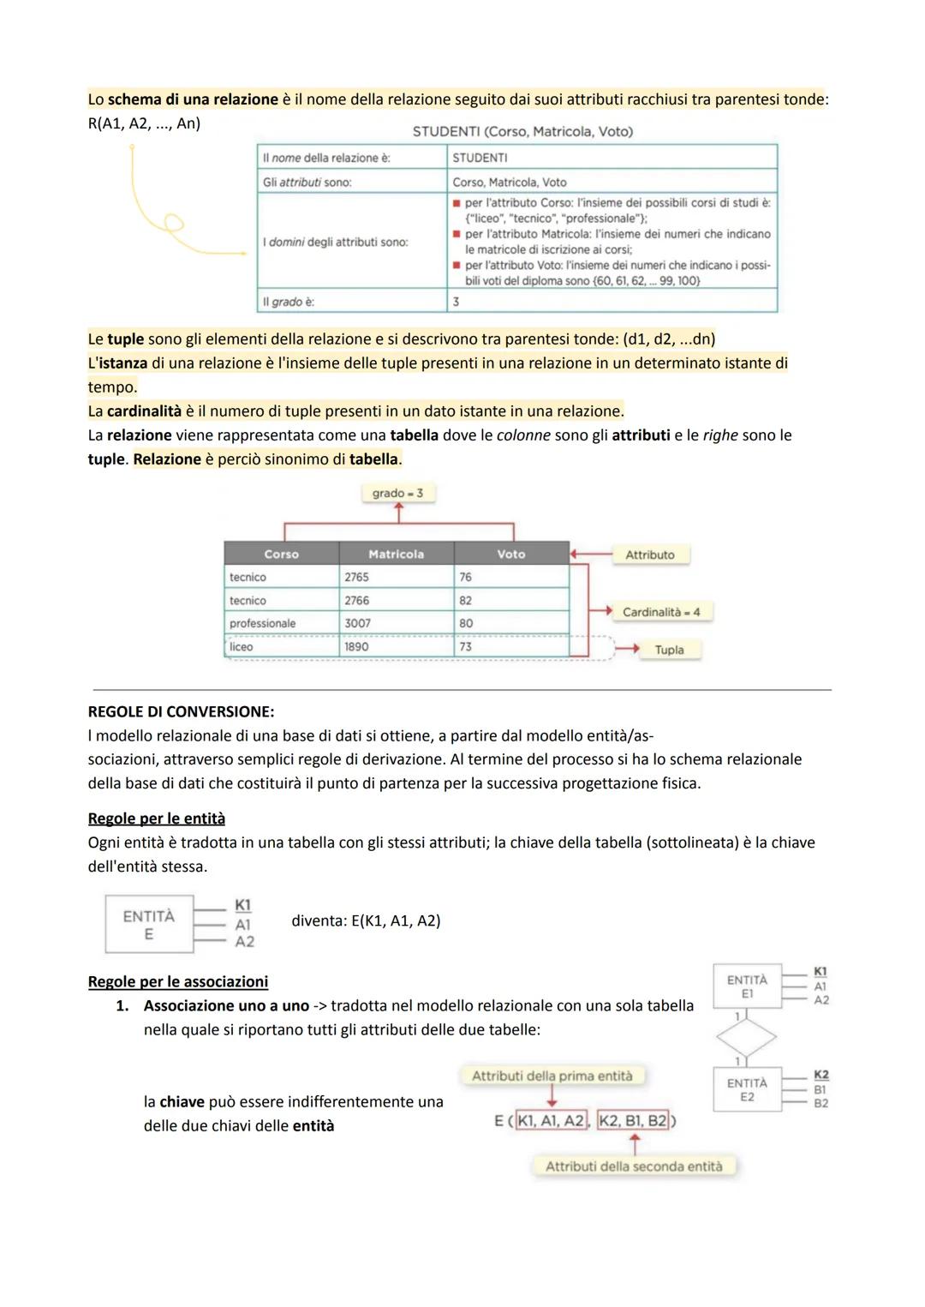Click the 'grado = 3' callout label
point(397,494)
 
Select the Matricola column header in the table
point(396,555)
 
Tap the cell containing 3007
point(358,623)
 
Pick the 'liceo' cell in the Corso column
point(242,647)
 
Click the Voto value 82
point(466,601)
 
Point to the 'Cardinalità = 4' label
point(661,612)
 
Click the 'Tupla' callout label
point(669,650)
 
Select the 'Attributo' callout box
point(650,555)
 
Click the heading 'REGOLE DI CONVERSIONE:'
point(181,712)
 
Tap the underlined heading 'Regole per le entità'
point(157,818)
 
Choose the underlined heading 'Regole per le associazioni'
point(178,982)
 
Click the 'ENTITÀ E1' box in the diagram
point(747,986)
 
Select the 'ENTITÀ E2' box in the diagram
point(747,1089)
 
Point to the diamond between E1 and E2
point(746,1038)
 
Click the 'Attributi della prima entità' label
point(552,1076)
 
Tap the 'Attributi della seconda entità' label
point(634,1166)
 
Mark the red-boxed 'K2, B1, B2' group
point(633,1121)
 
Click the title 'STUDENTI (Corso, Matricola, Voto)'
point(522,132)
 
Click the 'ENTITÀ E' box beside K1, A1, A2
point(149,925)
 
